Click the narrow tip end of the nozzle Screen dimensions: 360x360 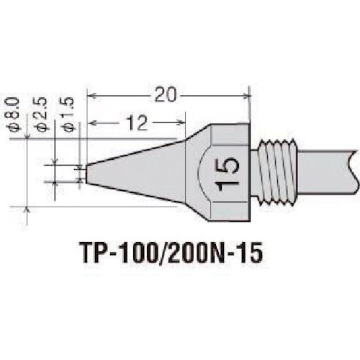[87, 174]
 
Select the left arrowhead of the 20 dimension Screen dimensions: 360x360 [91, 95]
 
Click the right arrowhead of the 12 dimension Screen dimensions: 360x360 [174, 124]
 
